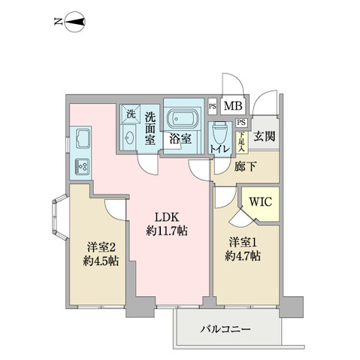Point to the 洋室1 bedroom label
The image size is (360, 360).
tap(245, 242)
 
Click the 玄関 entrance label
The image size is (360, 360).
tap(263, 136)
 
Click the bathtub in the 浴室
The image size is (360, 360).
tap(181, 119)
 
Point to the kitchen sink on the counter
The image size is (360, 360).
tap(81, 139)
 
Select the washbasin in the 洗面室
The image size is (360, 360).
tap(131, 138)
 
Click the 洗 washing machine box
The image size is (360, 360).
tap(131, 115)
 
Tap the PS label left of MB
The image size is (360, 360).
tap(212, 107)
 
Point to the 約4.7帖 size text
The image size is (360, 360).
tap(245, 256)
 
